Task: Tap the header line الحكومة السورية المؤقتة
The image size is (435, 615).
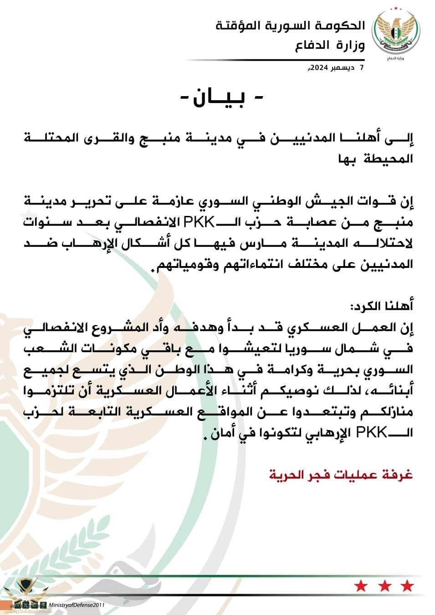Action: coord(290,26)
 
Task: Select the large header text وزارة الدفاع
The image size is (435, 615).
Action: coord(330,46)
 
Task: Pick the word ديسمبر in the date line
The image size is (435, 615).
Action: coord(342,68)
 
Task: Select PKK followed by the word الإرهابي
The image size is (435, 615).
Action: coord(371,432)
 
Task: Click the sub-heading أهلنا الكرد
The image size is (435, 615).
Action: coord(381,306)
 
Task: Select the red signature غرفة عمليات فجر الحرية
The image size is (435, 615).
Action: coord(341,475)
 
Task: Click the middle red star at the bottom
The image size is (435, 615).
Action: coord(384,586)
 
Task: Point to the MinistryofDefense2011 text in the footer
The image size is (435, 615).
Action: coord(77,605)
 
